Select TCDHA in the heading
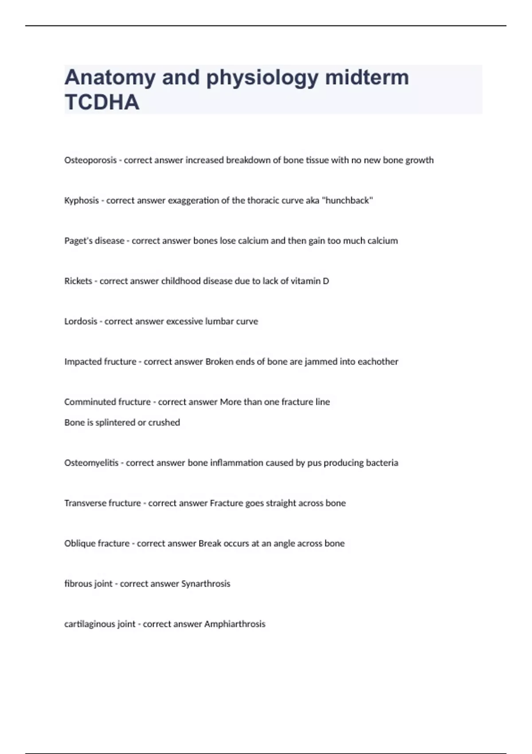pyautogui.click(x=102, y=102)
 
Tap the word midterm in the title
pyautogui.click(x=367, y=77)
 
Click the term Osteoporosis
pyautogui.click(x=90, y=160)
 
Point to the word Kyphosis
pyautogui.click(x=82, y=200)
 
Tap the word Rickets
pyautogui.click(x=78, y=281)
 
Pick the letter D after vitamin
pyautogui.click(x=326, y=281)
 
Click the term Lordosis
pyautogui.click(x=81, y=322)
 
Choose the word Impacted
pyautogui.click(x=82, y=362)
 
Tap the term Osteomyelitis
pyautogui.click(x=91, y=463)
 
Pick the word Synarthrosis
pyautogui.click(x=206, y=584)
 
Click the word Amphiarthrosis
pyautogui.click(x=235, y=624)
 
